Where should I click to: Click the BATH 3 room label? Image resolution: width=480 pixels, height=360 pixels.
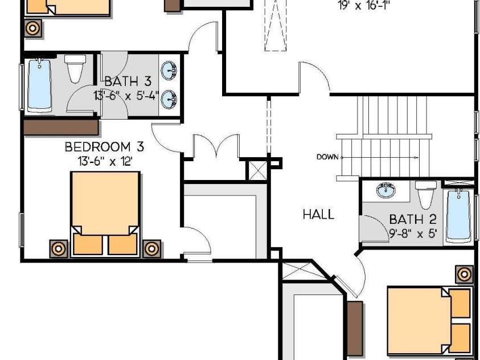128,81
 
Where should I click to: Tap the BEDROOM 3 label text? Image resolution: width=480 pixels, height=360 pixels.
104,147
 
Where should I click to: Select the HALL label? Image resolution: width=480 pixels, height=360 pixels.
318,214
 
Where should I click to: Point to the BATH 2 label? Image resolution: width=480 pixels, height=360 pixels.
413,219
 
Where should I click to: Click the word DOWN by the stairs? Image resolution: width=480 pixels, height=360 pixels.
327,157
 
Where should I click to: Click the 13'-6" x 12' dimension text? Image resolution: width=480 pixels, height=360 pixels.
105,161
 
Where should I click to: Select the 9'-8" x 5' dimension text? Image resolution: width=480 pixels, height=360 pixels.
413,234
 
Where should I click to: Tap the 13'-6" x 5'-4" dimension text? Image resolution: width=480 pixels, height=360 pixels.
126,96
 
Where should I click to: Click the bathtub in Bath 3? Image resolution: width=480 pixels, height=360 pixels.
39,85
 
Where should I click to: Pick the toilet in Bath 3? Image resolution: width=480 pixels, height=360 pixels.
75,69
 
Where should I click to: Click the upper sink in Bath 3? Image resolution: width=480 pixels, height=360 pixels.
169,71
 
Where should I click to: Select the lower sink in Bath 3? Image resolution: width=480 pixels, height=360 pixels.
169,99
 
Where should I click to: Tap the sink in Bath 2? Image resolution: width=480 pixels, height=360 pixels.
385,190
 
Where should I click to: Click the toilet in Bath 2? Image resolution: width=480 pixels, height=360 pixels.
425,195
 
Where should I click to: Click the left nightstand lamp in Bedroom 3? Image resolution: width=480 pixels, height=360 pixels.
59,248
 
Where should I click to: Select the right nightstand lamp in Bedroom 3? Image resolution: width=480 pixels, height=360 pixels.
151,248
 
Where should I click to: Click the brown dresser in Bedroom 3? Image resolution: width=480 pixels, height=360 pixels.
61,127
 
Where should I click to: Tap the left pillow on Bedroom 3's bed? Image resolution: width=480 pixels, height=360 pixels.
88,244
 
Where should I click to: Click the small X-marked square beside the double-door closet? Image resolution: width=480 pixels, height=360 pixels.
258,170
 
